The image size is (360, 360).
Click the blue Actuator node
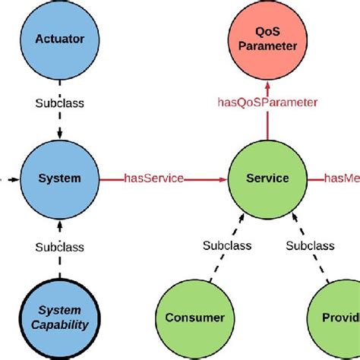[60, 39]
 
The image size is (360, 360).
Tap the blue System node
[60, 179]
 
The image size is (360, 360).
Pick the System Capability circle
[60, 317]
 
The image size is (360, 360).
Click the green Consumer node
[194, 317]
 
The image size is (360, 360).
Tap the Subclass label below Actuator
[60, 103]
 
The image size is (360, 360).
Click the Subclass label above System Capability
[60, 246]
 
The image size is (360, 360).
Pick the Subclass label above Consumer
[226, 246]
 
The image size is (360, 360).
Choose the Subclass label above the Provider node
[310, 246]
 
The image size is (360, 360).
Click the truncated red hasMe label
[342, 179]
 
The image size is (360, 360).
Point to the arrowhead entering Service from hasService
[223, 179]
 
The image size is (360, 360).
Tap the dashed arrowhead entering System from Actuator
[60, 138]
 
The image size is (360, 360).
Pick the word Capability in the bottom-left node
[60, 325]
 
